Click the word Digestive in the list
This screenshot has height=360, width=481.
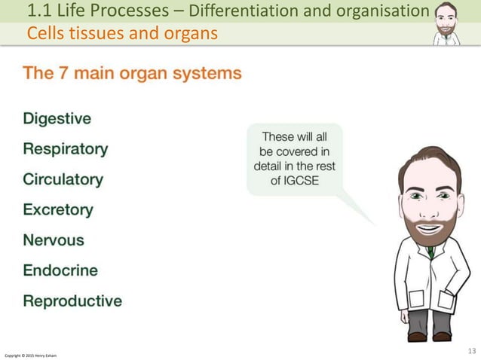57,119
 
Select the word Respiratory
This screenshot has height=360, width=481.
66,149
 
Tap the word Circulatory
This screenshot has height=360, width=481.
63,180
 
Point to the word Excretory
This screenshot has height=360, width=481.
58,210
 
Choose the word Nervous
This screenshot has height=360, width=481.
54,240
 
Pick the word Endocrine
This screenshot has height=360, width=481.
60,270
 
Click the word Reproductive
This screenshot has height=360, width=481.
72,301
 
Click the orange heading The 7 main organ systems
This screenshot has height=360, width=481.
133,74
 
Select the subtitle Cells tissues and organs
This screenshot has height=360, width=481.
122,34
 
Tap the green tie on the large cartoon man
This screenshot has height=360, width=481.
430,252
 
